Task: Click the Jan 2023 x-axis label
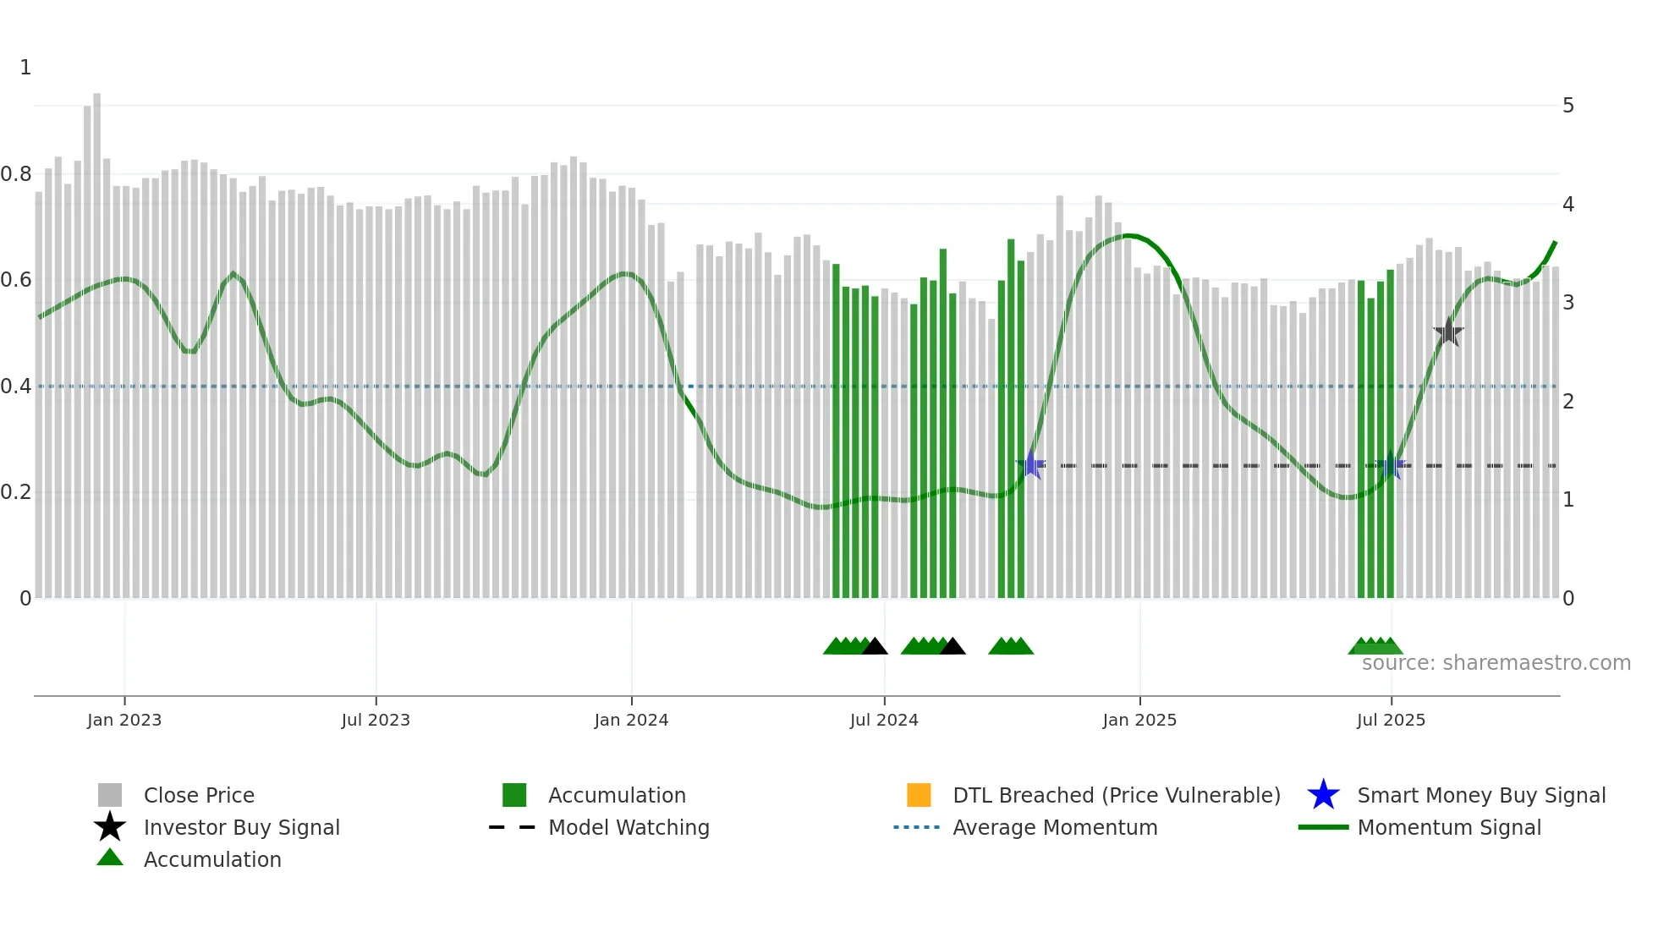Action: pyautogui.click(x=124, y=720)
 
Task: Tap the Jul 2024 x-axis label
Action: pyautogui.click(x=883, y=720)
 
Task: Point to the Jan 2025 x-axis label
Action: pyautogui.click(x=1139, y=720)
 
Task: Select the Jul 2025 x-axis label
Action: pyautogui.click(x=1391, y=720)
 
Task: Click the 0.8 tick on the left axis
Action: pyautogui.click(x=17, y=174)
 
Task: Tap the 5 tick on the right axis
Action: pyautogui.click(x=1568, y=106)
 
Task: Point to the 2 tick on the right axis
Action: pyautogui.click(x=1568, y=401)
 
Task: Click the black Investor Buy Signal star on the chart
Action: pyautogui.click(x=1448, y=332)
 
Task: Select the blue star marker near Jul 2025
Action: pyautogui.click(x=1391, y=464)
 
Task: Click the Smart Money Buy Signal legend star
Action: pyautogui.click(x=1323, y=795)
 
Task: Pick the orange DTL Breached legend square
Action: pyautogui.click(x=919, y=795)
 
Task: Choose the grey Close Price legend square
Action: pyautogui.click(x=110, y=795)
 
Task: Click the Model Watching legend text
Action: pyautogui.click(x=629, y=827)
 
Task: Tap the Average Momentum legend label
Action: pyautogui.click(x=1055, y=827)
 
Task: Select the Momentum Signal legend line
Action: pyautogui.click(x=1323, y=827)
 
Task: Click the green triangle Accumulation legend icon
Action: pyautogui.click(x=110, y=858)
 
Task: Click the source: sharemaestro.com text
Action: pyautogui.click(x=1496, y=663)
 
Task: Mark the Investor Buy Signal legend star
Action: pyautogui.click(x=110, y=827)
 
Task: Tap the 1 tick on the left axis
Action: pyautogui.click(x=25, y=68)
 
